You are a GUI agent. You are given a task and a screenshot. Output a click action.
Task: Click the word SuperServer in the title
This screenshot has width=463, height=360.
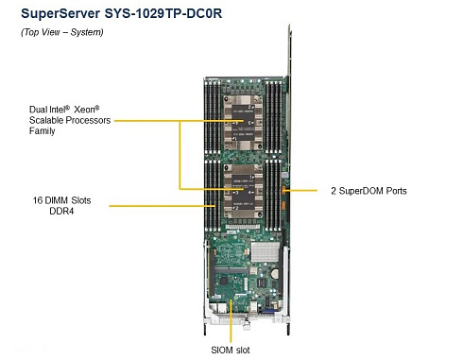click(60, 13)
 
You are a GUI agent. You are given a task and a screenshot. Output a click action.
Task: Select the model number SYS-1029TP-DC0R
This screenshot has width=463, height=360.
click(163, 13)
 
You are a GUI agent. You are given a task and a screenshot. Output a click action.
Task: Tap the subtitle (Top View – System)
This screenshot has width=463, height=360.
click(62, 32)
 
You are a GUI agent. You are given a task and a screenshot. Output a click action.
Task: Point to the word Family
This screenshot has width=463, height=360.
click(43, 131)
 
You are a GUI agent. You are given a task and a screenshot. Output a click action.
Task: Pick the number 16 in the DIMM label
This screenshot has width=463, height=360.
click(38, 200)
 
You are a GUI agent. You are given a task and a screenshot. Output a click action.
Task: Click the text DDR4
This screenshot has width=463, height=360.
click(61, 211)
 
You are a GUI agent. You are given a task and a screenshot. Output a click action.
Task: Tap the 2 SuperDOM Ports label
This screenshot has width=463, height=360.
click(369, 191)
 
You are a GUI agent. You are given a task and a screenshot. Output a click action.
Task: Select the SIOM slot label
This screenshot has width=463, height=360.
click(231, 350)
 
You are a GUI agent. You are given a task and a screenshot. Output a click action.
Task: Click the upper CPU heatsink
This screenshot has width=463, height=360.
click(243, 123)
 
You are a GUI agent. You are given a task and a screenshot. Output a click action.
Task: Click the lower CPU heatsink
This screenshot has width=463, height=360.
click(243, 191)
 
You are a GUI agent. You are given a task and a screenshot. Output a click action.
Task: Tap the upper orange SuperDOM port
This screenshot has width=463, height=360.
click(283, 190)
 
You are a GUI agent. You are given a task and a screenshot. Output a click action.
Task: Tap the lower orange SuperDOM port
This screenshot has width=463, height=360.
click(283, 205)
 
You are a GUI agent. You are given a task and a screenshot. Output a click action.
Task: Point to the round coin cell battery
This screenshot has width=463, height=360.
click(275, 273)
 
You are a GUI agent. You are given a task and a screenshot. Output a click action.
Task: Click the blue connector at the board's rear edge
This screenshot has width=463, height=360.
click(266, 311)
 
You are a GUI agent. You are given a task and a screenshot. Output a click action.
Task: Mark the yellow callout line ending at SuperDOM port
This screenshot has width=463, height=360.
click(300, 190)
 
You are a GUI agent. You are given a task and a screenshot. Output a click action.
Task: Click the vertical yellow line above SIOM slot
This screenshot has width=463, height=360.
click(231, 320)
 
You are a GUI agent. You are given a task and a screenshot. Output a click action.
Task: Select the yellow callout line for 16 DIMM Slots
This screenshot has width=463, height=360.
click(163, 206)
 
